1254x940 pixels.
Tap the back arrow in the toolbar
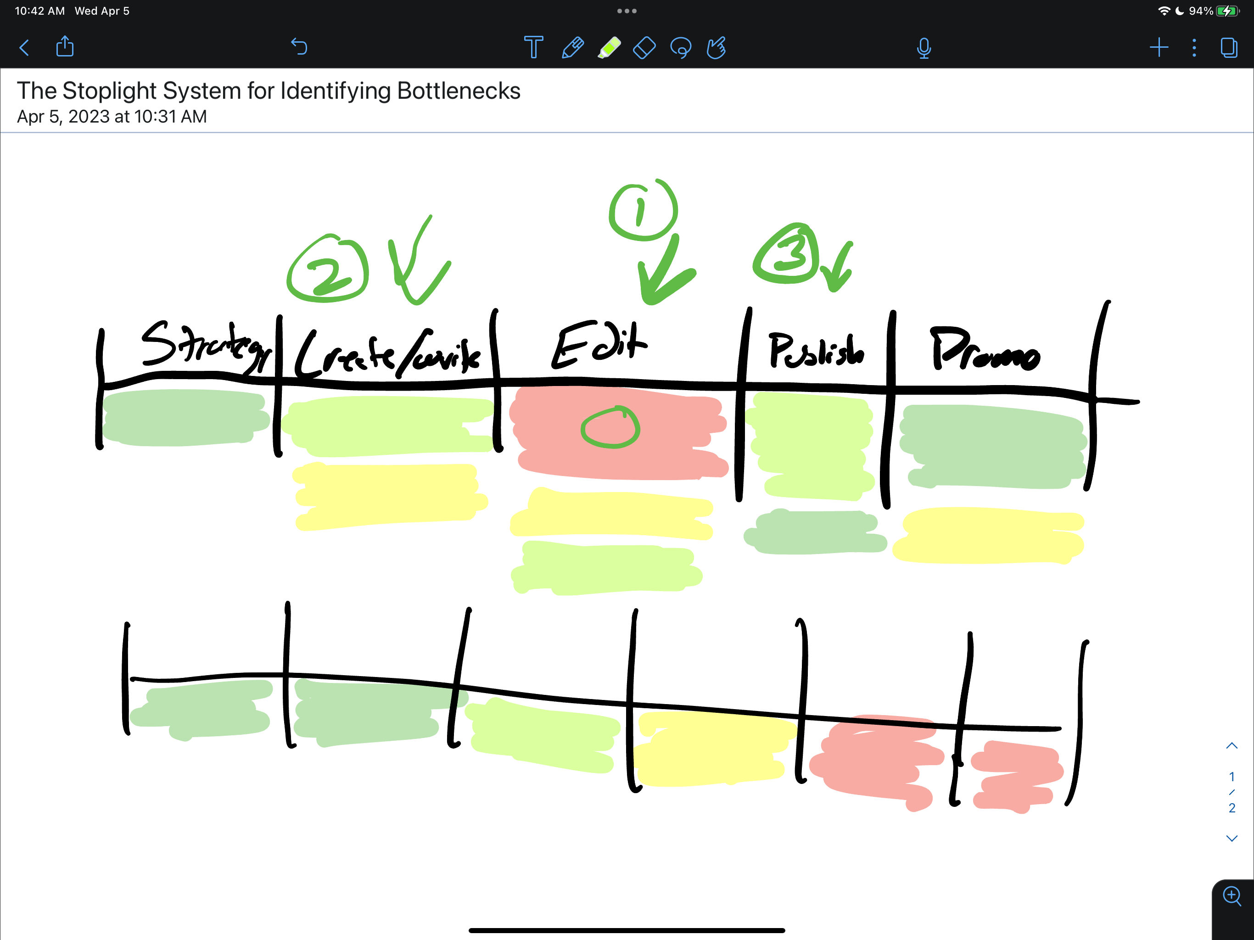click(24, 48)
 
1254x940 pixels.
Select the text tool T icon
click(533, 48)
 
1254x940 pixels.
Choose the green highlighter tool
click(609, 48)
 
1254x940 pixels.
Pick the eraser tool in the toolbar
click(644, 48)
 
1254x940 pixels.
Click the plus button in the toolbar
click(1159, 48)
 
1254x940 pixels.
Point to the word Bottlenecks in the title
click(459, 91)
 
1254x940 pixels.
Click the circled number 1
click(643, 211)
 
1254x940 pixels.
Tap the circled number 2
click(328, 268)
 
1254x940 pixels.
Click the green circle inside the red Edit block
click(610, 428)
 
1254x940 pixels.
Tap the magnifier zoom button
click(1232, 896)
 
